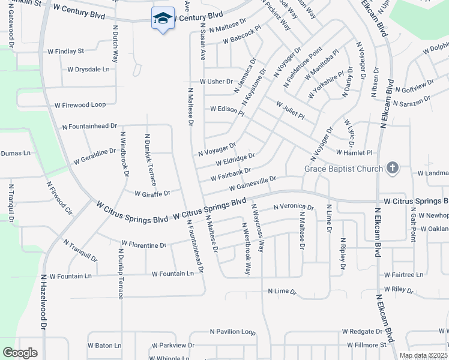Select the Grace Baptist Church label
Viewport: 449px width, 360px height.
[x=343, y=169]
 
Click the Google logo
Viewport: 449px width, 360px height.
[x=20, y=353]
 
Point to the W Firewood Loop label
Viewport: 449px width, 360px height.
[x=80, y=105]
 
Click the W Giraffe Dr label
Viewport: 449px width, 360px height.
[x=152, y=194]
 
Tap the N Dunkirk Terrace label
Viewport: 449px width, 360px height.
[x=149, y=159]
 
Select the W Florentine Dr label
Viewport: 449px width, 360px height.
[x=143, y=245]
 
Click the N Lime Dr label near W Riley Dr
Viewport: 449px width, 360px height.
[x=282, y=292]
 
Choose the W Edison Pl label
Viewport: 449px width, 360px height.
[x=227, y=110]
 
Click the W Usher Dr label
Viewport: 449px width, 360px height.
[x=216, y=82]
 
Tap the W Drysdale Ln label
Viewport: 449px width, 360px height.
[x=88, y=70]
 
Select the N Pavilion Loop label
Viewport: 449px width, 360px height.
[x=232, y=331]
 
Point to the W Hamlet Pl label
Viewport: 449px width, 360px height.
[x=354, y=153]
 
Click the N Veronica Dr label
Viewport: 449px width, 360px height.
[x=293, y=207]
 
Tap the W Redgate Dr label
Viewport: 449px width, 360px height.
[x=362, y=331]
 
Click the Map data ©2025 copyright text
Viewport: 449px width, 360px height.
[x=423, y=355]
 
